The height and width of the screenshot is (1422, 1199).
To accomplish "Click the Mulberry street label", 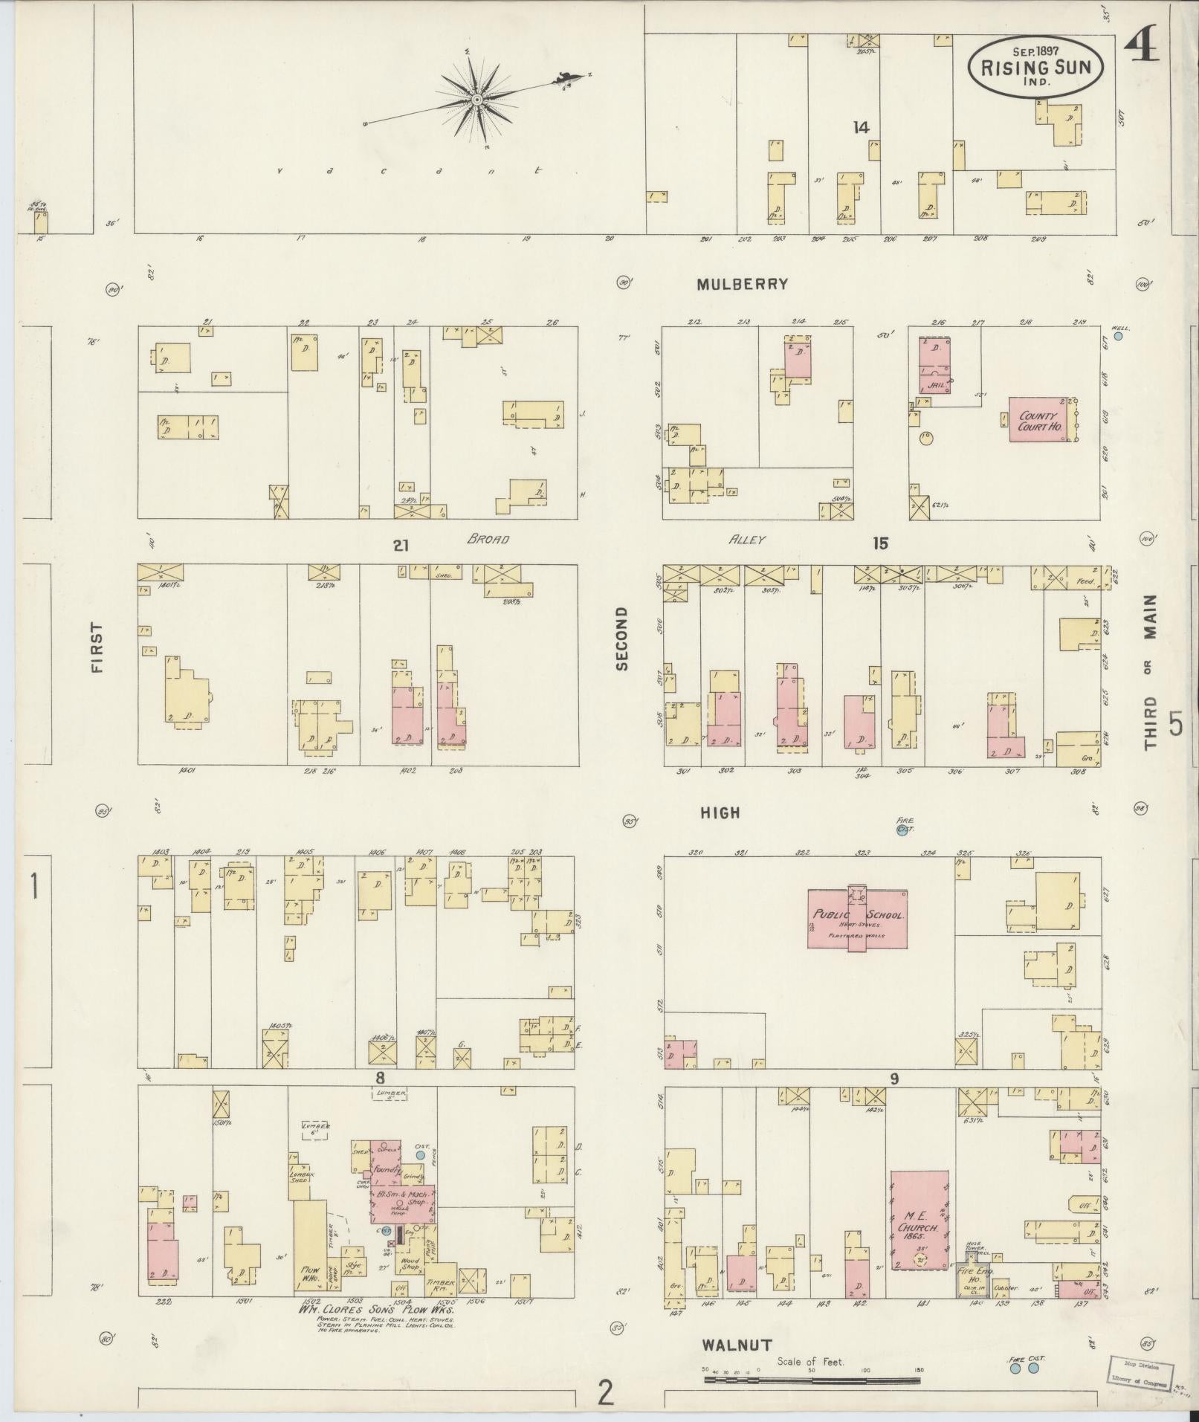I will point(742,284).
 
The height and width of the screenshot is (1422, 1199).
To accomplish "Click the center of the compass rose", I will point(476,99).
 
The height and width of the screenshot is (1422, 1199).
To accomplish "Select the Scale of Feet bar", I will point(812,1380).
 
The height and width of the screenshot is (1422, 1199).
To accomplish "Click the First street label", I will point(97,647).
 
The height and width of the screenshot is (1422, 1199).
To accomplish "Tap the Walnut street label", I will point(737,1345).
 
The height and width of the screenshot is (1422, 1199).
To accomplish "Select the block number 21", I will point(401,546).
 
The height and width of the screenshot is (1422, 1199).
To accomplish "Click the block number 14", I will point(861,128).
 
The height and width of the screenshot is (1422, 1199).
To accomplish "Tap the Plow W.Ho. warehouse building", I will point(309,1245).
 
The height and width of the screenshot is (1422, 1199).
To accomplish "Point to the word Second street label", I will point(621,639).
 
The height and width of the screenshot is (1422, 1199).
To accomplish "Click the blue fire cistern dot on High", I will point(902,831).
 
